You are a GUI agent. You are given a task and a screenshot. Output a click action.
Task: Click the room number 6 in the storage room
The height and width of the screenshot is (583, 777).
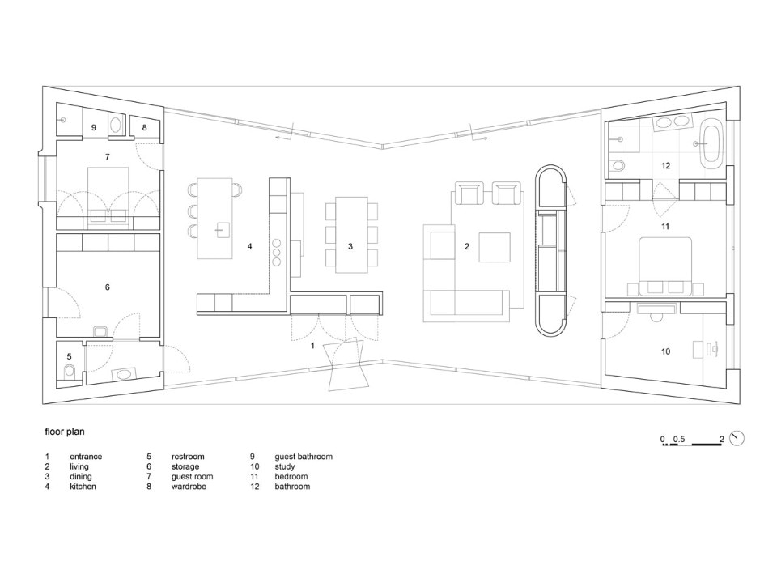(x=108, y=287)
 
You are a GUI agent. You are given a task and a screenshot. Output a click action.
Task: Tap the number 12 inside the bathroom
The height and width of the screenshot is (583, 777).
(x=665, y=165)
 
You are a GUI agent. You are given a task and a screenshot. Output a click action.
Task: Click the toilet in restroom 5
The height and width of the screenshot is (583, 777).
(x=70, y=370)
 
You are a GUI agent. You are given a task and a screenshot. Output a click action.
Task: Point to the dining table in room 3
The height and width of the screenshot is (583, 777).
(x=352, y=235)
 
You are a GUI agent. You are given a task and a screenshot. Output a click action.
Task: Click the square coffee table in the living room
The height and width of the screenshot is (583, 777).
(x=495, y=247)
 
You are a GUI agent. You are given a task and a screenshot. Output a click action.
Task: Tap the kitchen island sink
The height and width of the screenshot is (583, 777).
(x=222, y=229)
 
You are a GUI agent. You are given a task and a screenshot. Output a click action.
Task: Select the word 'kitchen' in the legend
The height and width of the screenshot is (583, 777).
(x=83, y=487)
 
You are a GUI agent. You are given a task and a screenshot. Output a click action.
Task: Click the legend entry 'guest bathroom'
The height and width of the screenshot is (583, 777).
(x=304, y=457)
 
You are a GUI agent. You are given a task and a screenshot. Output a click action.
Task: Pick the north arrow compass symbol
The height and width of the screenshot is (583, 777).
(x=737, y=438)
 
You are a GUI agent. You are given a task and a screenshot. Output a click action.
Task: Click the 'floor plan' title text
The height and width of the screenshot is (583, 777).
(x=65, y=432)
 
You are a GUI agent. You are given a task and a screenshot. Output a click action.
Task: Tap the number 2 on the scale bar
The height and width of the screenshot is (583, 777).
(x=721, y=439)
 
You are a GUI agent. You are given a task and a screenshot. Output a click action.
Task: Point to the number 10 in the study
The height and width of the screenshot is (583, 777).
(x=665, y=351)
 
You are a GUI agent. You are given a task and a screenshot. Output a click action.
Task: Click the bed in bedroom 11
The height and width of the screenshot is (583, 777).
(x=665, y=266)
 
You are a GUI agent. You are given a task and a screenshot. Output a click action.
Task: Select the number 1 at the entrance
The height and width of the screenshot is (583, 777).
(x=312, y=346)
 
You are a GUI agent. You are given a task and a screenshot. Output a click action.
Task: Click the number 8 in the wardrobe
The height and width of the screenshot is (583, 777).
(x=145, y=127)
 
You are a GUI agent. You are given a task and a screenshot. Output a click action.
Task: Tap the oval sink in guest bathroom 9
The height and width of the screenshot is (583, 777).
(x=117, y=125)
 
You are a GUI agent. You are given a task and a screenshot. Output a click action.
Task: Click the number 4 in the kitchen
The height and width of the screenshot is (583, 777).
(x=250, y=246)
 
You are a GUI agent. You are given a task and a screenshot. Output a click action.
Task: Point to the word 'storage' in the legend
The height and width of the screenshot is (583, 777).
(x=185, y=467)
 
